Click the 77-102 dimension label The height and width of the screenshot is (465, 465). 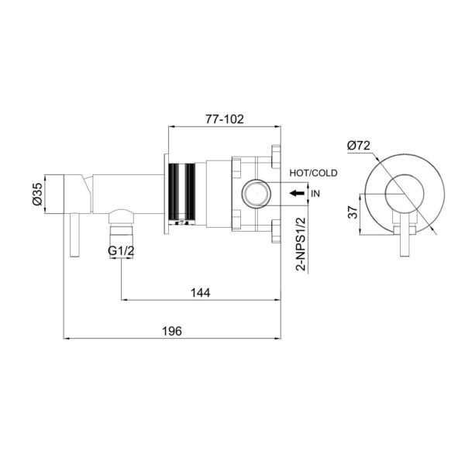(x=225, y=119)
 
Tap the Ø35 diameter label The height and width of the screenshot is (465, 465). (x=38, y=195)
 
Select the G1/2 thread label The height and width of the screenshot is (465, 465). (x=121, y=251)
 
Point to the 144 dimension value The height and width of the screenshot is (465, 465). (x=201, y=293)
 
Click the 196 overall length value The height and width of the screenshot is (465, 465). (x=172, y=331)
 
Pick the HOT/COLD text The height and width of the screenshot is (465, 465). (x=313, y=173)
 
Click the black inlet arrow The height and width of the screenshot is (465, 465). (x=297, y=193)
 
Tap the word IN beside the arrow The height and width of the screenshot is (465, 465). (x=315, y=194)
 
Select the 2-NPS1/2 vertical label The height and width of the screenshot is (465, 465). (x=301, y=244)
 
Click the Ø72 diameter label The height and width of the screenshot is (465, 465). (x=359, y=146)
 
